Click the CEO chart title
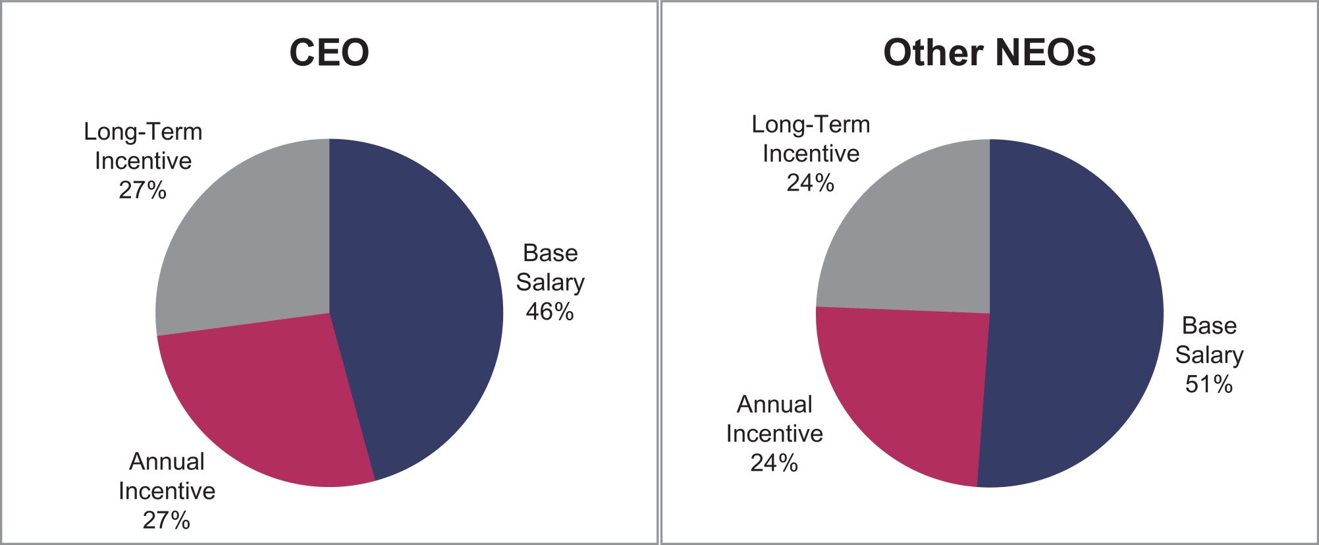329,52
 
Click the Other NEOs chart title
989,52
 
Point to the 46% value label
550,312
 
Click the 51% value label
1209,384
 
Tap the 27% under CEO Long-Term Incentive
143,190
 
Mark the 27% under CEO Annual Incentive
167,521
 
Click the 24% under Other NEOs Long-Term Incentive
811,183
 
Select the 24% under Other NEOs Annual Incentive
774,463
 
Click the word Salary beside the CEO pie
550,283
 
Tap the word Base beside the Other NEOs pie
1209,326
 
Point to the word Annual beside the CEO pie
167,461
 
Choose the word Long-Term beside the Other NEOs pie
811,125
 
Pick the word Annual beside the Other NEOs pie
774,404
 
